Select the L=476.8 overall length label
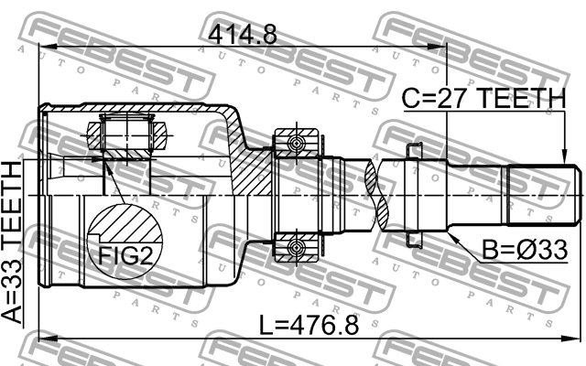click(308, 324)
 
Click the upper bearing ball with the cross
click(296, 143)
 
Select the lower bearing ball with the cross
click(296, 248)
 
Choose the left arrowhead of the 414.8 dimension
click(42, 49)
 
